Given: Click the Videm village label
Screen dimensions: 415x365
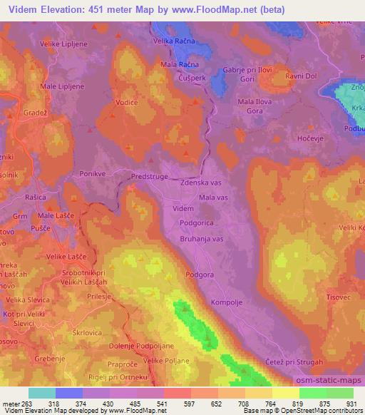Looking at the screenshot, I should (x=183, y=208).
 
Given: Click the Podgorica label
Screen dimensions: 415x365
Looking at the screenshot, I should (x=194, y=225).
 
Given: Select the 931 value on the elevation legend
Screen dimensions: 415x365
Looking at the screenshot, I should (x=352, y=403).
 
